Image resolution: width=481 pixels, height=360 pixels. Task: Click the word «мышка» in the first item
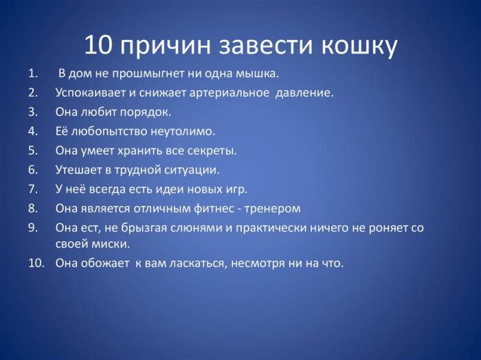tap(258, 74)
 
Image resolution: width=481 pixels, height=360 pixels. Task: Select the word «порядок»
tap(146, 112)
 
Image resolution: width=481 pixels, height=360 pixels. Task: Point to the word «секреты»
tap(211, 150)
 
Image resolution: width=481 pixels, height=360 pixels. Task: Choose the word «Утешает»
tap(78, 169)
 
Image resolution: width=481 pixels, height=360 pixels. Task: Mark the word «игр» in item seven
tap(235, 188)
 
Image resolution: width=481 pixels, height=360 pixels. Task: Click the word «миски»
tap(111, 244)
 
